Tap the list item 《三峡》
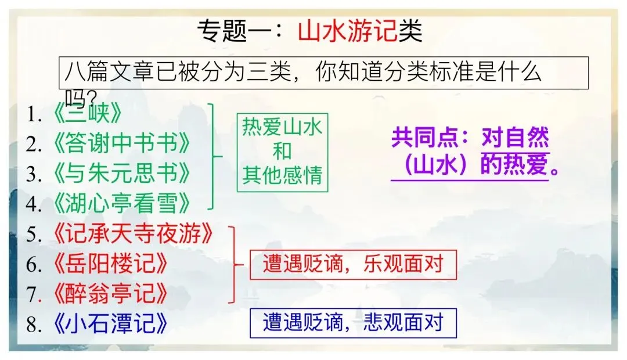point(87,114)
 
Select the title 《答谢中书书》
point(121,143)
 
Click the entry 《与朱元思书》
point(121,173)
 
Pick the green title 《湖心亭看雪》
point(121,203)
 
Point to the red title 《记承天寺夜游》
point(132,234)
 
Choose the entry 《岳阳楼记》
point(110,264)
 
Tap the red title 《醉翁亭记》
point(110,294)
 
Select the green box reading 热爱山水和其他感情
point(282,152)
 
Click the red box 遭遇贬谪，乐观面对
point(353,264)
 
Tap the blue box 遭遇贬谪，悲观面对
point(353,322)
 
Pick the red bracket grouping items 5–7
point(235,264)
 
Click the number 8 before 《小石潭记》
point(33,325)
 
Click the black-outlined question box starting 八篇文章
point(324,73)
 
